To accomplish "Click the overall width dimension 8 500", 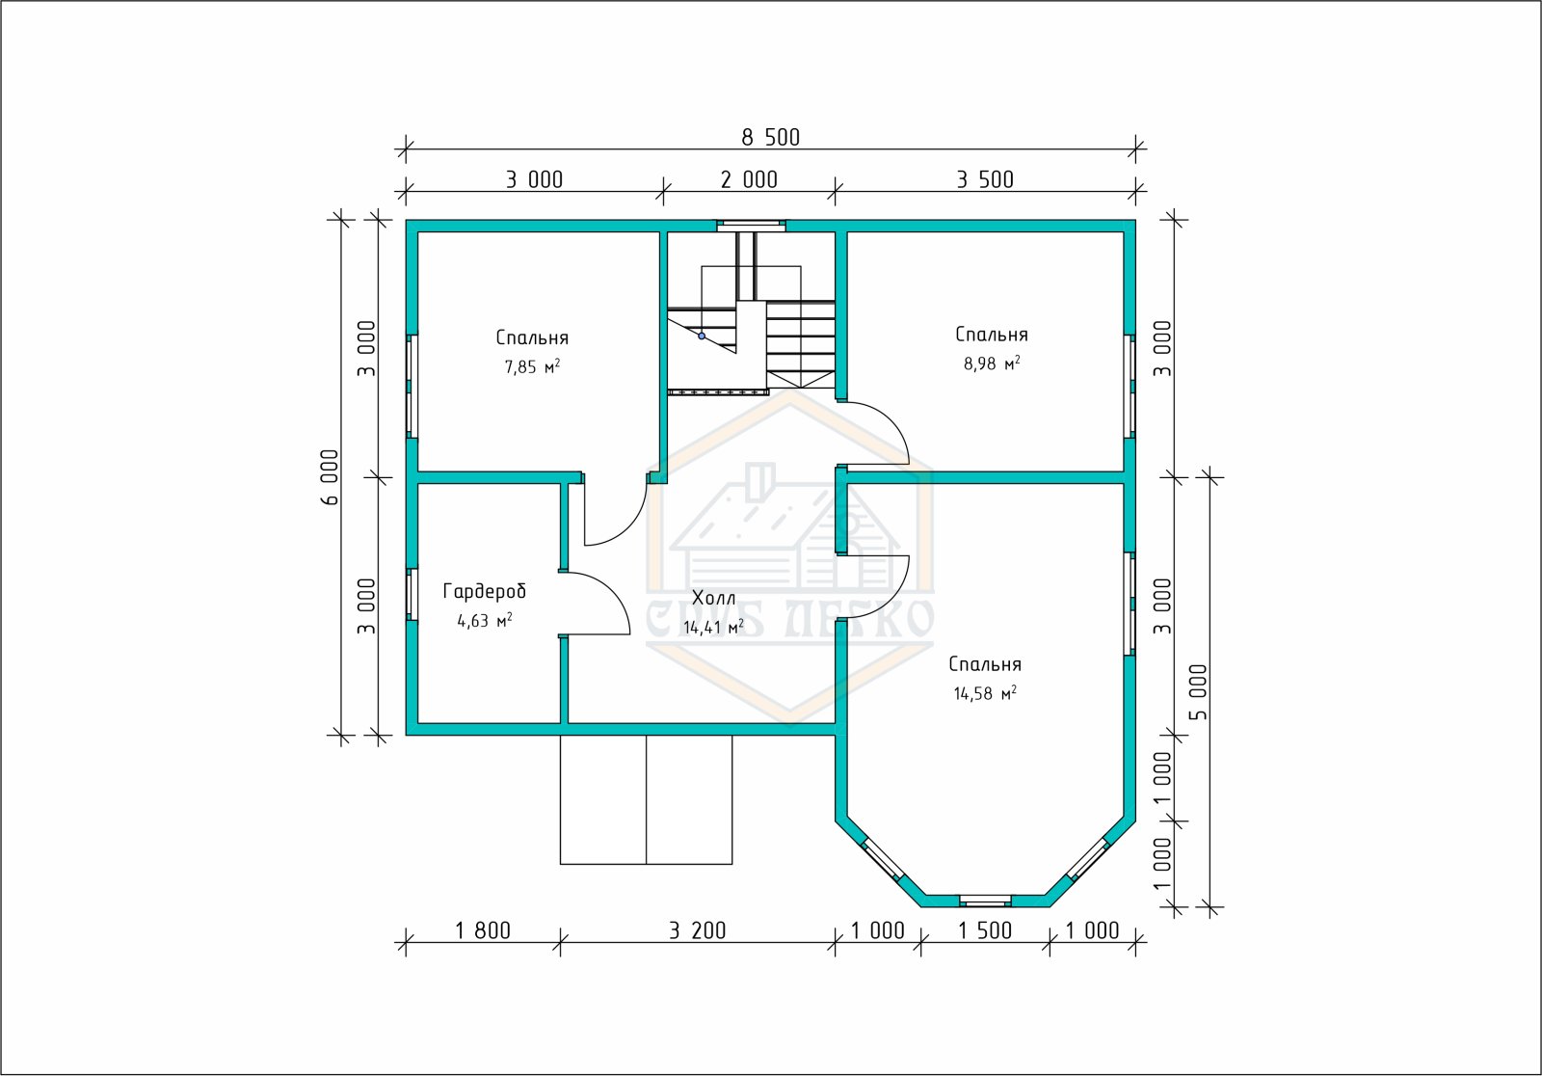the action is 770,138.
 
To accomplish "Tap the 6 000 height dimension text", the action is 330,477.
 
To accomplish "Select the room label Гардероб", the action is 485,591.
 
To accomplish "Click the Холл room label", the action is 714,597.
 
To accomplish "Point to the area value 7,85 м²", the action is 532,366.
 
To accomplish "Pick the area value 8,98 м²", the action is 992,363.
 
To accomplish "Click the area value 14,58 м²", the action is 985,693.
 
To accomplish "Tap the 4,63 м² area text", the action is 485,621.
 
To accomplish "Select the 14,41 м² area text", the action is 714,627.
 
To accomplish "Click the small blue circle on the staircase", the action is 702,336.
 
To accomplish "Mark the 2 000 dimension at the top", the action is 749,179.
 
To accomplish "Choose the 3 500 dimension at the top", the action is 985,179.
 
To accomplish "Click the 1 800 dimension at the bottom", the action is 483,930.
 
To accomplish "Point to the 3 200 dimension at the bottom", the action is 698,930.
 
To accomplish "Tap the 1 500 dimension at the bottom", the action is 985,930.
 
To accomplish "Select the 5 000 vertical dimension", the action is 1199,692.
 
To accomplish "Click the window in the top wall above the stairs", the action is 751,225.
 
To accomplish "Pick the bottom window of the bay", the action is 985,901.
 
